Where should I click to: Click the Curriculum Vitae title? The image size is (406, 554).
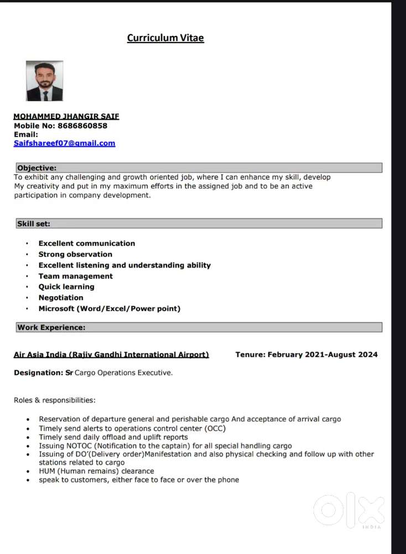[x=165, y=38]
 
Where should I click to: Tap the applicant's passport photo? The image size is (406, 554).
[x=44, y=81]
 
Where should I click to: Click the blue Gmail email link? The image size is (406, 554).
[x=65, y=143]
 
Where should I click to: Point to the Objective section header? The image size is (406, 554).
[x=37, y=168]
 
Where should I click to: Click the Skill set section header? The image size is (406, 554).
[x=34, y=223]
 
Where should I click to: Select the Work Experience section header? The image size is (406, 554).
[x=51, y=327]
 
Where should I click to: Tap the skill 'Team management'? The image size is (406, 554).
[x=75, y=276]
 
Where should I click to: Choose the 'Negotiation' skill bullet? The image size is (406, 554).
[x=61, y=297]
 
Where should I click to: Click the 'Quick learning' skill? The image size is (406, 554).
[x=66, y=286]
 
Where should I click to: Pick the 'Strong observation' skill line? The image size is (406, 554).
[x=75, y=254]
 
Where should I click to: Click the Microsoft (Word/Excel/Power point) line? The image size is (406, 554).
[x=109, y=309]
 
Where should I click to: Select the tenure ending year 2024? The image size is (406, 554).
[x=368, y=355]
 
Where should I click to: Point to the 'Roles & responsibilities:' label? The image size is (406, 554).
[x=54, y=400]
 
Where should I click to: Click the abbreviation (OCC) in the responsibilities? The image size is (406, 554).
[x=215, y=428]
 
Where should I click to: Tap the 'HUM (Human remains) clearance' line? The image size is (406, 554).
[x=96, y=471]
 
